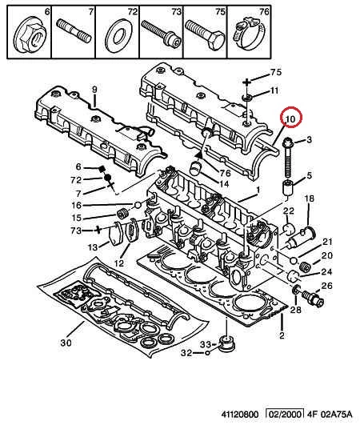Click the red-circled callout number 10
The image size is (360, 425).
pos(290,118)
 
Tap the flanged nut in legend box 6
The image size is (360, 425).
pos(30,37)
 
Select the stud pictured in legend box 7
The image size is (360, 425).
pos(73,31)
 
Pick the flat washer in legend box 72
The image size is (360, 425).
pos(119,35)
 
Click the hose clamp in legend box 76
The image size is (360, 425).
pos(248,34)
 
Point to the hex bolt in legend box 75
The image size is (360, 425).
pos(205,34)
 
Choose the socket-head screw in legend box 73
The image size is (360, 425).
pos(161,34)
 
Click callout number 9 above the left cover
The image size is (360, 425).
pos(94,89)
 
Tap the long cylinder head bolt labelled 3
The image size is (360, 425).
pos(288,157)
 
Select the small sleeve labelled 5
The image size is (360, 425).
pos(288,187)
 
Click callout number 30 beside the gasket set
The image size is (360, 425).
pos(66,343)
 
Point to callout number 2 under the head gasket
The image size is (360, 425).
pos(282,335)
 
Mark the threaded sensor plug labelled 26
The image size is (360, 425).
pos(313,298)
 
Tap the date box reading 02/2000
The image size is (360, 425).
pos(285,414)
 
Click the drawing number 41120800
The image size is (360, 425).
pos(240,414)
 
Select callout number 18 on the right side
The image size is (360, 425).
pos(309,198)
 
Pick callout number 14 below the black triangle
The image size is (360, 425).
pos(223,184)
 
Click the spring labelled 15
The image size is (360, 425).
pos(122,214)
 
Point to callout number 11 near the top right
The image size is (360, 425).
pos(274,90)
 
